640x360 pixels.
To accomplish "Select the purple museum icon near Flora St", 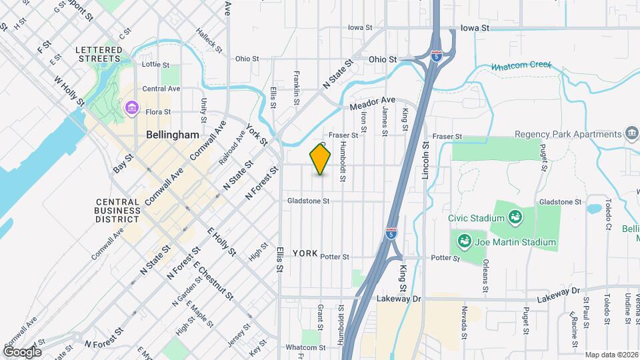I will click(131, 108).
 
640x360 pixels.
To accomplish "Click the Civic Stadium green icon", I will click(515, 217).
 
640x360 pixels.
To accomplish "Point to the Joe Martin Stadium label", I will click(515, 242).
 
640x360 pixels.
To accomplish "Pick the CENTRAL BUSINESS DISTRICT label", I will click(118, 211).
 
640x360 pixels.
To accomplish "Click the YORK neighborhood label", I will click(305, 253).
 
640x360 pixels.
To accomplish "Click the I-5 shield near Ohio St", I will click(436, 55).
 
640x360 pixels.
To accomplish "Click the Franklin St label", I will click(296, 87).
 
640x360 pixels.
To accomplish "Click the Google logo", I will click(22, 351).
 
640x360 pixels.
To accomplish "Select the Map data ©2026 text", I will click(611, 355).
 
